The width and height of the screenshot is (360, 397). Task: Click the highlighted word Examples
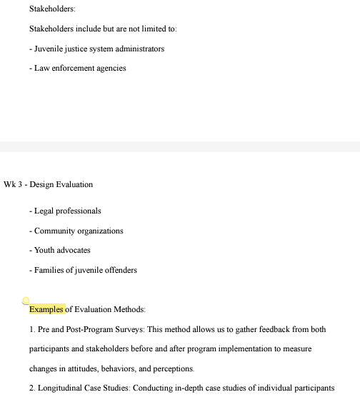(x=46, y=309)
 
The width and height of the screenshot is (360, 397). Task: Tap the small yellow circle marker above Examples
(x=26, y=301)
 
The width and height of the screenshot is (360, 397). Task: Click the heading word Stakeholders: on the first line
(x=52, y=9)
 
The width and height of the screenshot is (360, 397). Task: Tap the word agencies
(x=111, y=69)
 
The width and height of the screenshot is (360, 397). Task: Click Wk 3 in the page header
(x=12, y=184)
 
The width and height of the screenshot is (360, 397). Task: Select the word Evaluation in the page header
(x=75, y=184)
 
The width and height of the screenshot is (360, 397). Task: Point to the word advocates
(x=74, y=251)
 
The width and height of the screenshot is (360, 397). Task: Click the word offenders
(x=119, y=270)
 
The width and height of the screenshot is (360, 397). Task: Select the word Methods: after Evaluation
(x=128, y=309)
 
